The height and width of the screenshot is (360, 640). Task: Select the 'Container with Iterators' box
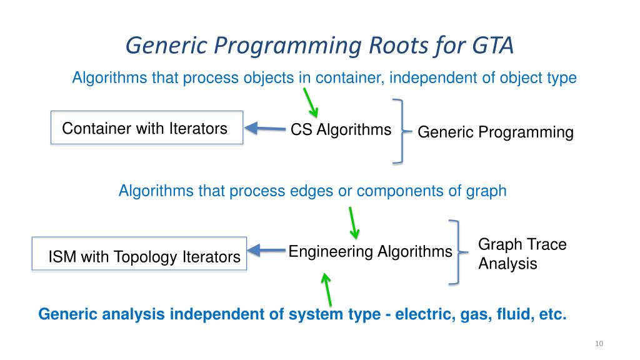click(146, 128)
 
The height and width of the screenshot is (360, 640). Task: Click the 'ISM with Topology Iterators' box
click(139, 254)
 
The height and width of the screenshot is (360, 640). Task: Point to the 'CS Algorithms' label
click(341, 130)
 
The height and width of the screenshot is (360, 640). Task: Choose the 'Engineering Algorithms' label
click(370, 251)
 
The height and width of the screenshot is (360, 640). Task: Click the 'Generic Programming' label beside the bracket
click(495, 132)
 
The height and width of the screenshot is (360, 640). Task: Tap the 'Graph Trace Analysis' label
click(522, 254)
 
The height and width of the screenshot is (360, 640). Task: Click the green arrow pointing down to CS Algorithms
click(311, 102)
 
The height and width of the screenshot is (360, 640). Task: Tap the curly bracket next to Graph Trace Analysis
click(457, 252)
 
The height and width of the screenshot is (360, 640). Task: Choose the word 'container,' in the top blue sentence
click(349, 78)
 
